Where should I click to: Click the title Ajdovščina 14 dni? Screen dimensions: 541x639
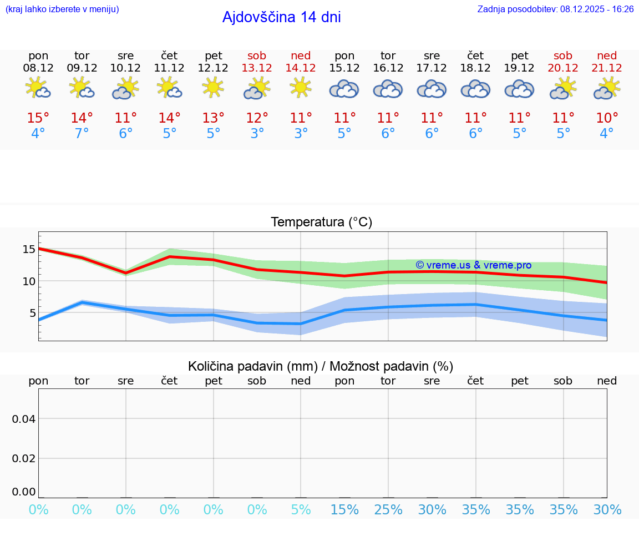281,17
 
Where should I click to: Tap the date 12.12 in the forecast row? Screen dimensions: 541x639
213,68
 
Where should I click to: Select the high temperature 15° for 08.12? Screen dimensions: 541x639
38,118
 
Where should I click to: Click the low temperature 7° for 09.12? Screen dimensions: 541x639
82,134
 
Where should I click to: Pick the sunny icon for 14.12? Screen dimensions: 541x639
301,88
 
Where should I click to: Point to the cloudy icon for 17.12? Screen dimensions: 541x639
432,89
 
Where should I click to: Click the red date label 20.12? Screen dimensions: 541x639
563,68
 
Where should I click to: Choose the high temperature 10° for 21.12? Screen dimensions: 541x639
607,118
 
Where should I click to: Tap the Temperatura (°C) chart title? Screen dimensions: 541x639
321,223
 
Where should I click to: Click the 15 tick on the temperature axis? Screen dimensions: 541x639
29,250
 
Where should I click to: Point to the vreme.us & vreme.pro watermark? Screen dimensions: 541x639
473,265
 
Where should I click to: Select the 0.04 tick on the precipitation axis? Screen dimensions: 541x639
24,419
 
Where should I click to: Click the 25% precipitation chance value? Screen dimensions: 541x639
388,510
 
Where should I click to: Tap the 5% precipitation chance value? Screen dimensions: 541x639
301,510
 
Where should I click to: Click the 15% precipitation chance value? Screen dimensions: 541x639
344,510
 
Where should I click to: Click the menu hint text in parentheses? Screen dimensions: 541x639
62,9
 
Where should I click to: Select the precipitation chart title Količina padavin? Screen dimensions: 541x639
321,366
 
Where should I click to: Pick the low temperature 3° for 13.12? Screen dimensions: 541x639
257,134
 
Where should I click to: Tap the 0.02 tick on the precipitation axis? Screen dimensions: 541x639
24,458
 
